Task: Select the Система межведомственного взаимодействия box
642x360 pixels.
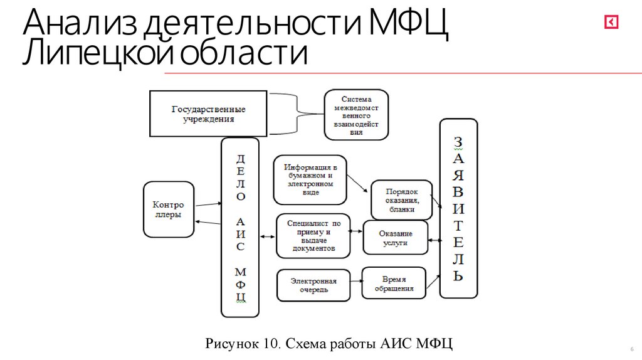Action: click(356, 114)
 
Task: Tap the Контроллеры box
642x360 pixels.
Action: click(168, 209)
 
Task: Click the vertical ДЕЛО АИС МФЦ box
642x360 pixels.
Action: click(240, 227)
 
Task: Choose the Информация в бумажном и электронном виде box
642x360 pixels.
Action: click(310, 179)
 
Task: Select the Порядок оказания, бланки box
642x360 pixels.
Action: click(402, 200)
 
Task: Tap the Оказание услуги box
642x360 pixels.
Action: click(396, 237)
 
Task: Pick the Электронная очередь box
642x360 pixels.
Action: click(313, 285)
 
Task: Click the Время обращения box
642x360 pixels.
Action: click(394, 283)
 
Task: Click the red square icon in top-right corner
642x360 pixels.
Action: click(611, 23)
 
